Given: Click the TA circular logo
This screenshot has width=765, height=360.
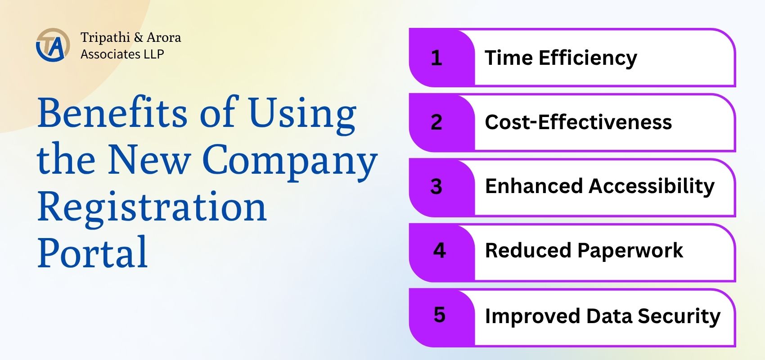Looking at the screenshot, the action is pos(53,45).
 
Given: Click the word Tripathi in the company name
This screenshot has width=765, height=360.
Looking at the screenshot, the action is pos(105,37).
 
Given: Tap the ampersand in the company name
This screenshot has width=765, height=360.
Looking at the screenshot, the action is pos(138,37).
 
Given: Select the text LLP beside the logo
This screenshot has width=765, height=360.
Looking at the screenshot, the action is pos(154,54).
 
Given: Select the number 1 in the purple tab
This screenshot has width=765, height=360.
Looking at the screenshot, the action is pos(436,58).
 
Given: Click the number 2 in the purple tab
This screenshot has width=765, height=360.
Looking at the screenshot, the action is pos(436,122).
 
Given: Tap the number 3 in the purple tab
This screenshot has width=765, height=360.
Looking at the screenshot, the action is pos(436,186).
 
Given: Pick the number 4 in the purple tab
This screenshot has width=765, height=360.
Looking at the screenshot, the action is pos(439,251).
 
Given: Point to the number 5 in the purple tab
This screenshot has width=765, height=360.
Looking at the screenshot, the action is pos(440,315).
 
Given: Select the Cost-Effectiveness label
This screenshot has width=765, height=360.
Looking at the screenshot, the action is pos(578,122).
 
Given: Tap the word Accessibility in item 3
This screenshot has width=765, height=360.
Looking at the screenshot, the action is pos(652,187).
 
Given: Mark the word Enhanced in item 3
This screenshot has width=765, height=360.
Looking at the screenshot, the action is pos(534,186).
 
